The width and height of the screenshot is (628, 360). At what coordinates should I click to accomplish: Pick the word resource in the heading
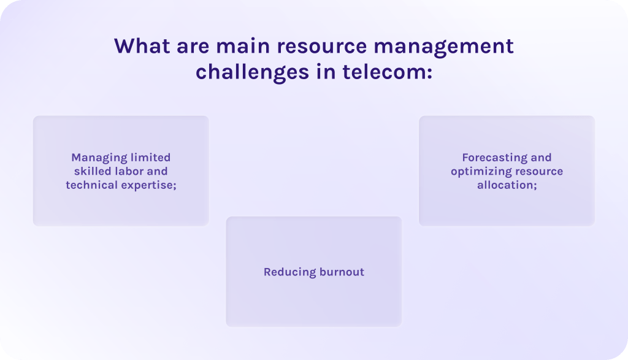click(x=322, y=47)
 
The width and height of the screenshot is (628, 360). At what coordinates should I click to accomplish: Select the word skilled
click(x=93, y=171)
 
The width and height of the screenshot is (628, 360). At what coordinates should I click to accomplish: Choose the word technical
click(x=92, y=185)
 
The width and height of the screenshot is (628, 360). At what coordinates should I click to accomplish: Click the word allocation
click(x=505, y=185)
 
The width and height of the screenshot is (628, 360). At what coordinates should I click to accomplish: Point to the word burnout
click(x=342, y=272)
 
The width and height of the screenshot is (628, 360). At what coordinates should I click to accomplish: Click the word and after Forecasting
click(x=541, y=158)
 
